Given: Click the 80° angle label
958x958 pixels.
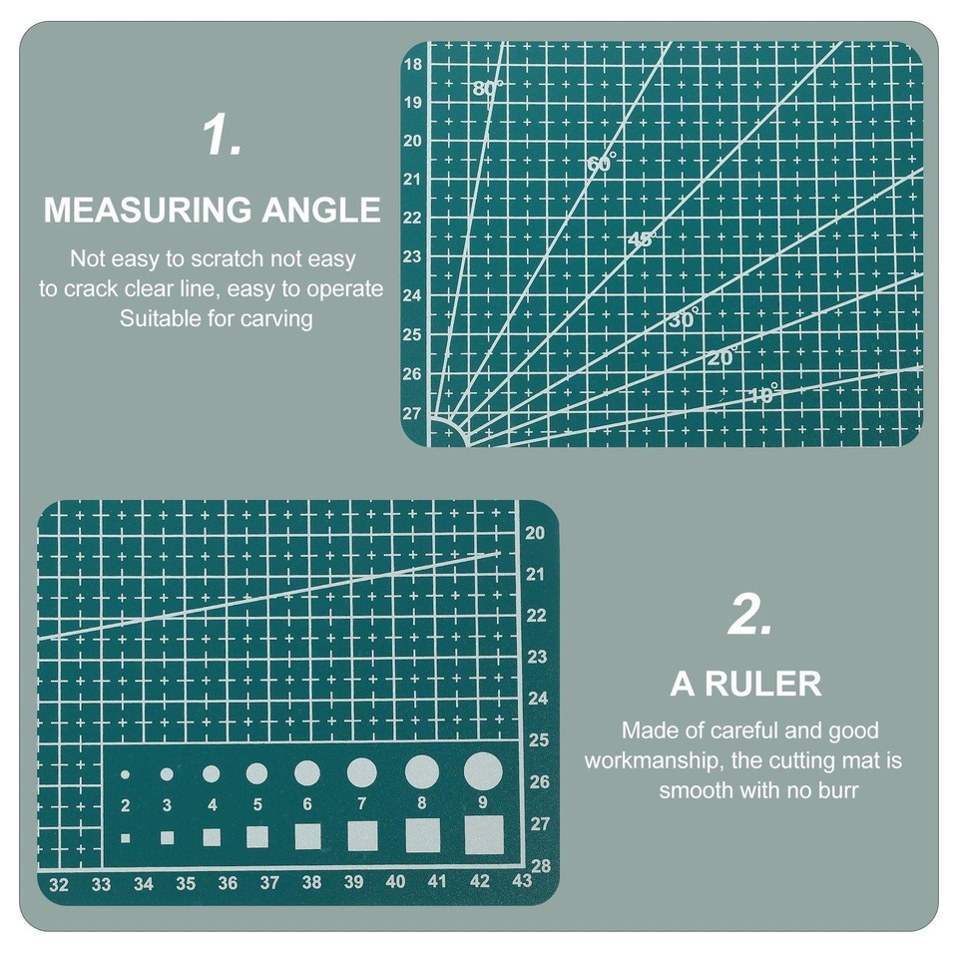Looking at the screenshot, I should tap(488, 88).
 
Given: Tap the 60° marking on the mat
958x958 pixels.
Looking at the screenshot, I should tap(602, 162).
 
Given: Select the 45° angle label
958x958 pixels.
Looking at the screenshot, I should tap(644, 239).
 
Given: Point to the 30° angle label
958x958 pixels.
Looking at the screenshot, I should tap(684, 319).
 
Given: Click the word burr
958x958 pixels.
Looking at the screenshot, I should tap(838, 790).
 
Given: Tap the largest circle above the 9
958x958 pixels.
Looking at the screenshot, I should tap(483, 770).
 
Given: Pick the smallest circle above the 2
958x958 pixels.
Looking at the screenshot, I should tap(125, 774).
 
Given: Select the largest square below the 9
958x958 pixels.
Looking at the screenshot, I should tap(484, 834).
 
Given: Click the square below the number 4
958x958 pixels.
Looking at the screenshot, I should tap(212, 837).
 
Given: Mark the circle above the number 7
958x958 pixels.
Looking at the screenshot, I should tap(361, 771).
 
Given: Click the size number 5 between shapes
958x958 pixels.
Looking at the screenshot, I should tap(257, 804).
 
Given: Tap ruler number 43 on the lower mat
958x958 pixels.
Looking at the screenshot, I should tap(521, 881).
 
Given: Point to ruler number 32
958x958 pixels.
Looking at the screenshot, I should tap(59, 884).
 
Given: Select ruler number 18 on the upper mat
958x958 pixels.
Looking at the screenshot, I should tap(413, 65).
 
